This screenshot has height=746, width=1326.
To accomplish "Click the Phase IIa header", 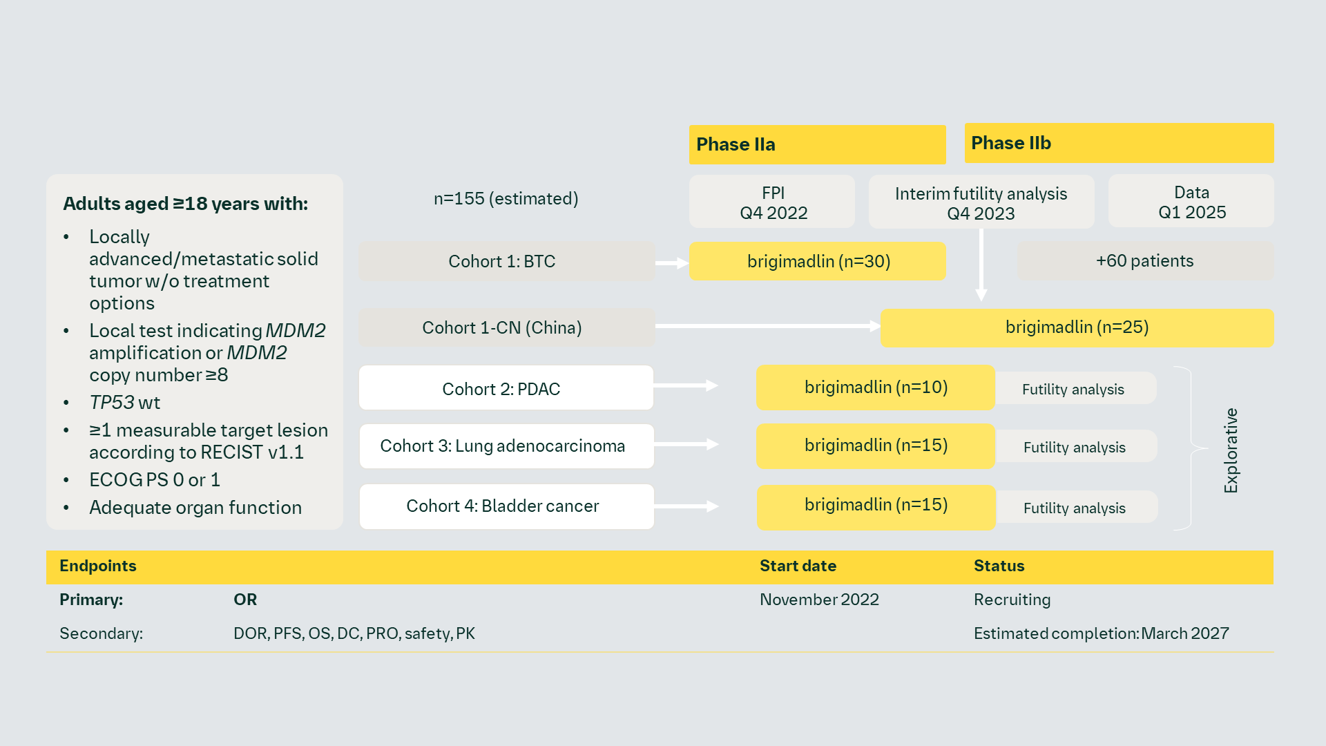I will pyautogui.click(x=817, y=144).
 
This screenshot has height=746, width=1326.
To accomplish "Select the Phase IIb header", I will pyautogui.click(x=1119, y=143).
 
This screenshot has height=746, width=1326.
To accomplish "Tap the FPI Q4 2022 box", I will pyautogui.click(x=772, y=202).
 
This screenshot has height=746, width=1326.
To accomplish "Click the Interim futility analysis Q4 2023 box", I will pyautogui.click(x=981, y=202).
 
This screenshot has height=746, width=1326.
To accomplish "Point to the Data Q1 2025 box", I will pyautogui.click(x=1191, y=201).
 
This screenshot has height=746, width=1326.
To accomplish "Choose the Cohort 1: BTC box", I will pyautogui.click(x=506, y=261).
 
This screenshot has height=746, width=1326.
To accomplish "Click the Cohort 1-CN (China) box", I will pyautogui.click(x=506, y=327).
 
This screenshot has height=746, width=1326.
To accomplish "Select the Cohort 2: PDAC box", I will pyautogui.click(x=506, y=388).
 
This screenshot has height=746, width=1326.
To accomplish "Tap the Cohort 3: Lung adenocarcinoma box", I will pyautogui.click(x=506, y=446).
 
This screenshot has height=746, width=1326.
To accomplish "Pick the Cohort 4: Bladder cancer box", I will pyautogui.click(x=506, y=506).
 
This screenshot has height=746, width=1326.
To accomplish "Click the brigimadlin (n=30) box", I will pyautogui.click(x=817, y=261).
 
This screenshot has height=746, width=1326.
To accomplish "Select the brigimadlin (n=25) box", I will pyautogui.click(x=1076, y=327).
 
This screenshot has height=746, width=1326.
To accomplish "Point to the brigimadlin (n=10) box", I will pyautogui.click(x=875, y=388).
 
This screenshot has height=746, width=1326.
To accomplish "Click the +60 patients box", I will pyautogui.click(x=1144, y=261).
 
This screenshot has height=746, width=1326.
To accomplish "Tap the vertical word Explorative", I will pyautogui.click(x=1231, y=450).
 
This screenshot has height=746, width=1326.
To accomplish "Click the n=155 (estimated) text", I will pyautogui.click(x=506, y=199).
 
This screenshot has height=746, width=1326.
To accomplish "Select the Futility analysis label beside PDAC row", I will pyautogui.click(x=1074, y=389).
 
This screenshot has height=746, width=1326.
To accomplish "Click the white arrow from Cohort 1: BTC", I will pyautogui.click(x=672, y=263).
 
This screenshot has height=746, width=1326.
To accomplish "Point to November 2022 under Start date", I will pyautogui.click(x=819, y=600).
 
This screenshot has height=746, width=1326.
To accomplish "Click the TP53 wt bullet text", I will pyautogui.click(x=125, y=403).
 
